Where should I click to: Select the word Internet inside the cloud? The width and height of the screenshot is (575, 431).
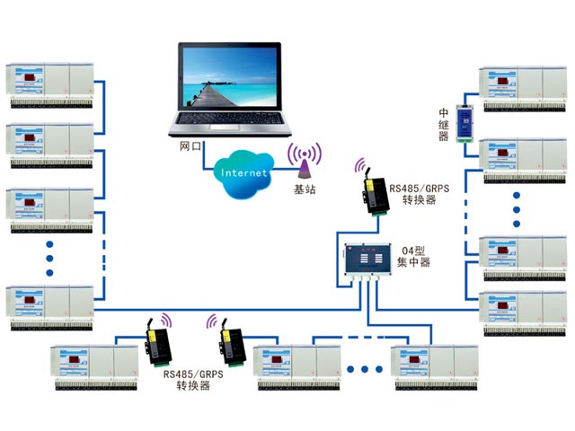pos(244,172)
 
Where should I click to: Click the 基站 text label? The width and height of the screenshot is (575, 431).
pos(305,189)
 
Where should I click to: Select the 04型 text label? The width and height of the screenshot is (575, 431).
pos(412,249)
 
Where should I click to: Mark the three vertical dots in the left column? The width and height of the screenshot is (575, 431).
pos(50,259)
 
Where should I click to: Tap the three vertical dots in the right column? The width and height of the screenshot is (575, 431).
pos(519,208)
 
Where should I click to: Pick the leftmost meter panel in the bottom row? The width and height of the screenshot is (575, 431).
pos(94,363)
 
